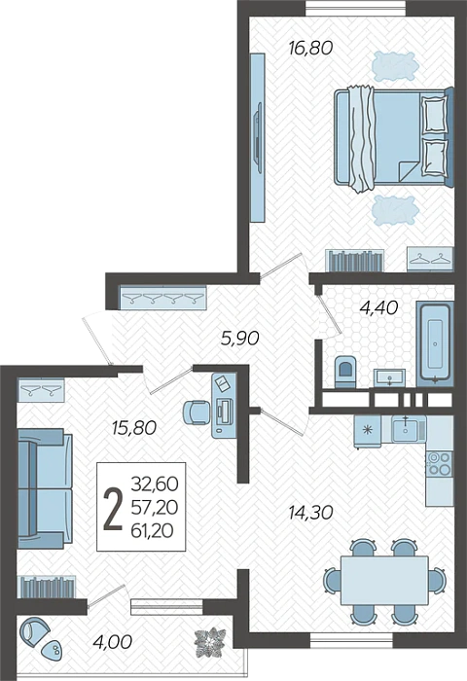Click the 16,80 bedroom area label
(310, 48)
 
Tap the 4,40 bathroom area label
(378, 308)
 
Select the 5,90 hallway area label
(239, 338)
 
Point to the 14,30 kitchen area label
(310, 513)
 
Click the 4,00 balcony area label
(112, 641)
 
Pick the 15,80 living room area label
(133, 428)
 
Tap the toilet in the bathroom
(345, 372)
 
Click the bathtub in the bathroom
(435, 344)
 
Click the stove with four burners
(439, 463)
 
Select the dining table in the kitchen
(384, 580)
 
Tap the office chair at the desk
(197, 412)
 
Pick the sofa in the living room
(45, 488)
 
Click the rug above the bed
(395, 65)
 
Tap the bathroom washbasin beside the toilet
(390, 377)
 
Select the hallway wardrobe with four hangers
(162, 298)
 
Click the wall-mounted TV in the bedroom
(258, 138)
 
